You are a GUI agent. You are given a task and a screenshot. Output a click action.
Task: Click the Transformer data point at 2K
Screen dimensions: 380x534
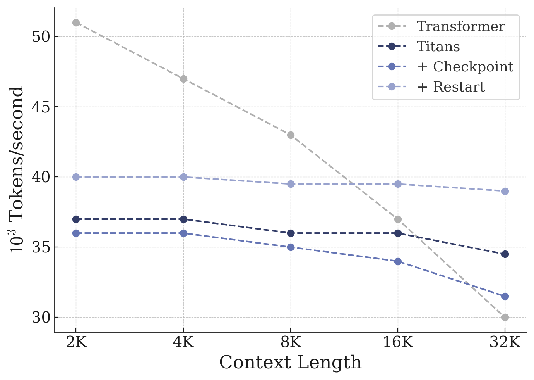point(76,23)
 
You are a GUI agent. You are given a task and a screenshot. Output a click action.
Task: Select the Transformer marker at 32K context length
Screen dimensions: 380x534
point(505,317)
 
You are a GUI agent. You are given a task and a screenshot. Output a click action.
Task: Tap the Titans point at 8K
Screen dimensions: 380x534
point(291,233)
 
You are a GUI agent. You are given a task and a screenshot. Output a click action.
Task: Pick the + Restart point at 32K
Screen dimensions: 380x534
point(505,191)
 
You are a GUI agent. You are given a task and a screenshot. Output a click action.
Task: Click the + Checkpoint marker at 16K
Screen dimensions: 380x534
point(398,261)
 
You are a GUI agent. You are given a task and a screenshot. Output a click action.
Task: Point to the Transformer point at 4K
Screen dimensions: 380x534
point(183,79)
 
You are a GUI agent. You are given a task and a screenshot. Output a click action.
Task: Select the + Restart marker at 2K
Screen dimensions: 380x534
point(76,177)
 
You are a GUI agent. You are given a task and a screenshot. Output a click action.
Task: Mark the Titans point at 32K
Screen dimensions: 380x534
point(505,254)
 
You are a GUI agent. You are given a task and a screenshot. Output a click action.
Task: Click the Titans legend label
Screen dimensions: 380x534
point(438,47)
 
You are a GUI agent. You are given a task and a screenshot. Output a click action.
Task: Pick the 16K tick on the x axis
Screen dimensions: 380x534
point(398,342)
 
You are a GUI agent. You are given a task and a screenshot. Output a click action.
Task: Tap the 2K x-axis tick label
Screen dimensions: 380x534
point(76,342)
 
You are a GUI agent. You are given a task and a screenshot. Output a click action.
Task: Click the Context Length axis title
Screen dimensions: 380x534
point(290,363)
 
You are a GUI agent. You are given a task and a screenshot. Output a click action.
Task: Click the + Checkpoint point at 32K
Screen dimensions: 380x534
point(505,296)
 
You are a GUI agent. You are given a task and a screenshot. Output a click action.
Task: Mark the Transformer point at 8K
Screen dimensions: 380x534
point(291,135)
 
